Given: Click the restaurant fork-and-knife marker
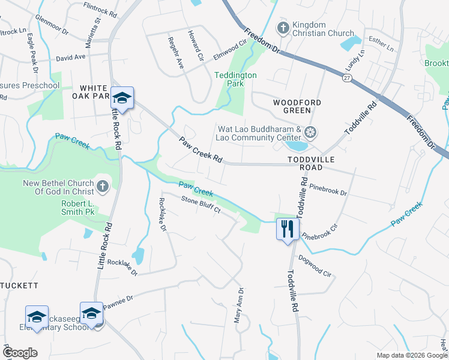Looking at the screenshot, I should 288,229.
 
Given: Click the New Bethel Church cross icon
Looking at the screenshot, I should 102,187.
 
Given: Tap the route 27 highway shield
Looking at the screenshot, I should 348,78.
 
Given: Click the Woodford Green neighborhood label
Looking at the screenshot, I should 292,106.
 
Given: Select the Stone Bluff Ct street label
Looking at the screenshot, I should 201,205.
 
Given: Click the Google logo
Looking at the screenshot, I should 19,353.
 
